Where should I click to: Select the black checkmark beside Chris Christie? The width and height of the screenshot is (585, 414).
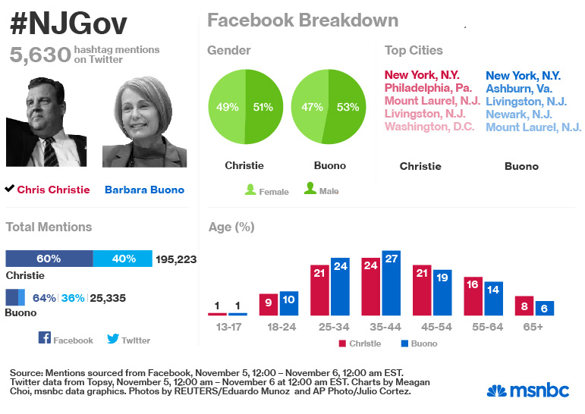tap(9, 188)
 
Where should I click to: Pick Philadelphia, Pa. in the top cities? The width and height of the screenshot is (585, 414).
tap(428, 88)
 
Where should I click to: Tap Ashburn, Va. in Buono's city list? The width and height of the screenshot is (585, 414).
tap(518, 88)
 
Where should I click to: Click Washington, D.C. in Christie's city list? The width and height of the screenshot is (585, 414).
tap(429, 127)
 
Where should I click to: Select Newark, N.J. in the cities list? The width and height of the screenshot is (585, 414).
tap(518, 114)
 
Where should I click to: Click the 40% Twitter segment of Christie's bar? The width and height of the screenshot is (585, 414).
tap(123, 259)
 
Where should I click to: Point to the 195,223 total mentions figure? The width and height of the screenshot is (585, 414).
tap(176, 259)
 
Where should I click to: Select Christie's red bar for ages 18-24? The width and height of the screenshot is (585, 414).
tap(269, 304)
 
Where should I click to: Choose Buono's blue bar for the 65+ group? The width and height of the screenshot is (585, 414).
tap(544, 308)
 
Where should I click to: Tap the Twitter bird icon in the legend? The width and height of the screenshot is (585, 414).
tap(113, 339)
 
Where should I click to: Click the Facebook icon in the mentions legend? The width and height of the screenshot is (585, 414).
tap(44, 339)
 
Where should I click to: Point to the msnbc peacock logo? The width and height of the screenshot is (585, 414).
tap(496, 391)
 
